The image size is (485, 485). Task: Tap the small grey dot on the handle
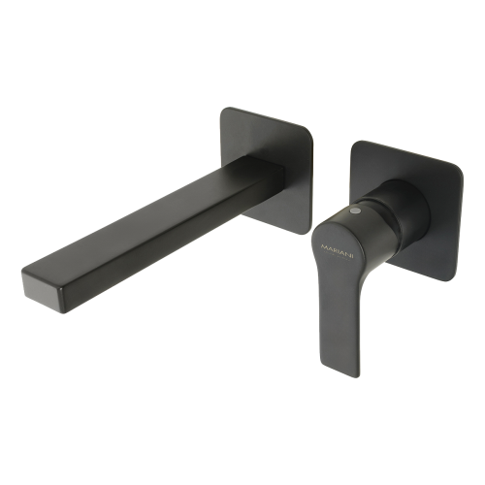tap(356, 210)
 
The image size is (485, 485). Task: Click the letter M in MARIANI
tap(323, 246)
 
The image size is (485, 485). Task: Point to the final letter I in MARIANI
tap(353, 251)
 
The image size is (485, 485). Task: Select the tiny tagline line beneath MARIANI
tap(338, 254)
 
